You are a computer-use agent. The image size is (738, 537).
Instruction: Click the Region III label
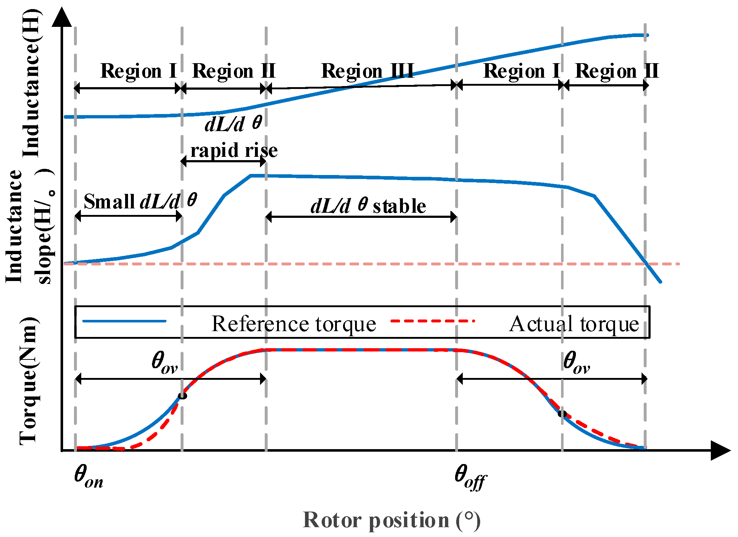[367, 71]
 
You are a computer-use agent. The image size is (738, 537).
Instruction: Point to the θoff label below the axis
[470, 477]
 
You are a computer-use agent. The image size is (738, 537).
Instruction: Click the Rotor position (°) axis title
[392, 520]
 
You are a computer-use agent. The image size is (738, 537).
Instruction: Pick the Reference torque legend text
[294, 324]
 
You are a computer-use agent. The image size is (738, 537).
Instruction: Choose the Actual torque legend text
[574, 324]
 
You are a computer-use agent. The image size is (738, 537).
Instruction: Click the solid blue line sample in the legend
[124, 321]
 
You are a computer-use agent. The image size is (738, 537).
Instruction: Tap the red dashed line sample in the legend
[433, 321]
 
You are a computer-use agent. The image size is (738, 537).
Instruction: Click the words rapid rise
[234, 150]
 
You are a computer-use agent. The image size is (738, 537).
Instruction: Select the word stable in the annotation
[399, 206]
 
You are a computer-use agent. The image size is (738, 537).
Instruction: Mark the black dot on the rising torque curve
[183, 396]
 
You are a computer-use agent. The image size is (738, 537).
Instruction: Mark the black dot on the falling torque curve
[562, 413]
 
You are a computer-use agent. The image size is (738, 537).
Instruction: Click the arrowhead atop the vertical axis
[62, 17]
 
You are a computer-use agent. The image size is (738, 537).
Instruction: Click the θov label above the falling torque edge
[577, 362]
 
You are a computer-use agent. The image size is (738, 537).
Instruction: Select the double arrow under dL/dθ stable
[361, 217]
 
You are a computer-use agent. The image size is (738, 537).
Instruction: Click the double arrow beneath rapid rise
[223, 161]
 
